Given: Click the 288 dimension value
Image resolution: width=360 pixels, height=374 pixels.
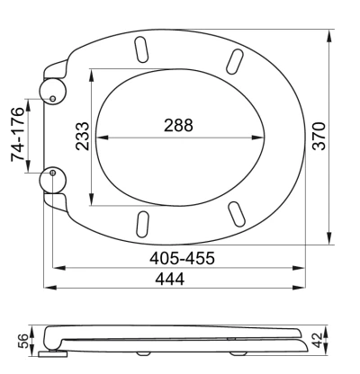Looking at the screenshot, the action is point(178,125).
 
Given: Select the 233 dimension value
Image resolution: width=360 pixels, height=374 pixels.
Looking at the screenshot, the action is point(83,136).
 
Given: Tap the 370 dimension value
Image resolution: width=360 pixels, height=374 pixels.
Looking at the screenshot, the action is point(319,136).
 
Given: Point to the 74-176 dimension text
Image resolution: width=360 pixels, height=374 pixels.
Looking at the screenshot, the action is point(17,134).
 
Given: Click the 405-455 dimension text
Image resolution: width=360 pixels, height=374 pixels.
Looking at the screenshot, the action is point(182,258).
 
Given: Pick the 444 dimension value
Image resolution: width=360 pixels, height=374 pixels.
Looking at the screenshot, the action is point(170,279).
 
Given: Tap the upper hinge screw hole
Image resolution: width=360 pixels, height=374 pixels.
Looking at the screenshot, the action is point(52,98).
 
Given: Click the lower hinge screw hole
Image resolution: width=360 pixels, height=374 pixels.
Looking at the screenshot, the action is point(53,173).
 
